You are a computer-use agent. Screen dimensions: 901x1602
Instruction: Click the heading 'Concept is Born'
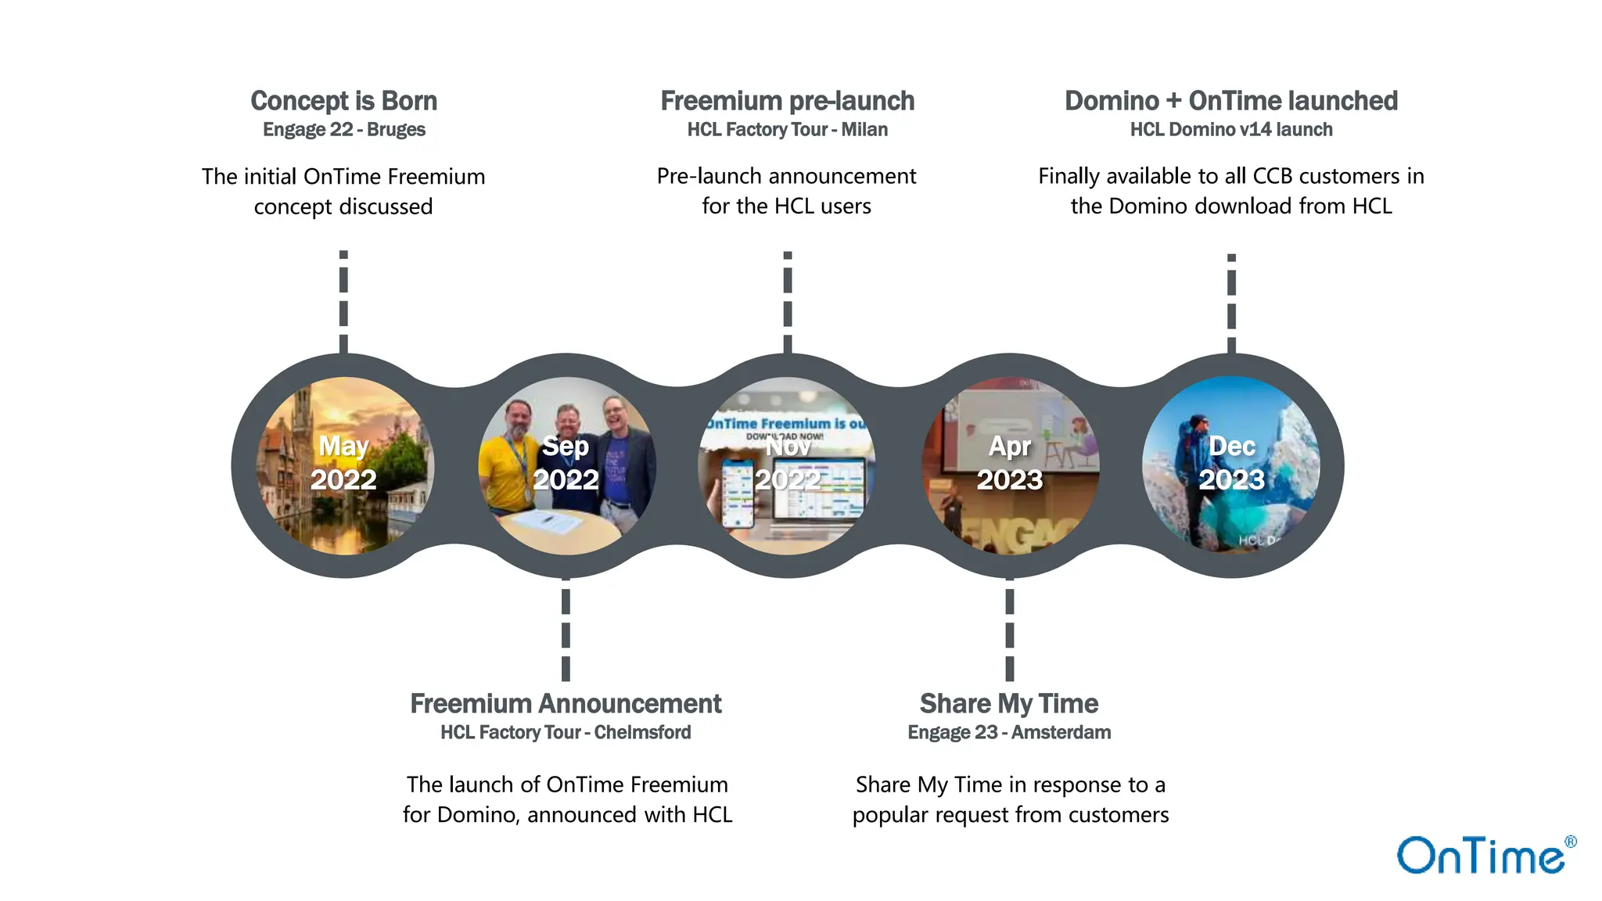tap(343, 101)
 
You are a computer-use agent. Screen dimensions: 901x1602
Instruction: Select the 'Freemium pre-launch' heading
tap(787, 101)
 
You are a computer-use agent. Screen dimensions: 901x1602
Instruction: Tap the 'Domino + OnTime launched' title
tap(1230, 101)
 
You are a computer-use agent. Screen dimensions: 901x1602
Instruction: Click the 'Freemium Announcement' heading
tap(566, 704)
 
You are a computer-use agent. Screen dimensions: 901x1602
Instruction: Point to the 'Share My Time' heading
tap(1009, 704)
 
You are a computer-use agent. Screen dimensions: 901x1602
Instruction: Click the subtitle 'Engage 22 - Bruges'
tap(343, 130)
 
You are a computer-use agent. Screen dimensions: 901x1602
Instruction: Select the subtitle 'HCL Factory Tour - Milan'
tap(787, 130)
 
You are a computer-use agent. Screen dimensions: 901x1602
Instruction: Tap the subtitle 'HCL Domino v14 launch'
tap(1230, 130)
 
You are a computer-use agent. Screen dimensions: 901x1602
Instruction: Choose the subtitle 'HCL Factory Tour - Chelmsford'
tap(566, 733)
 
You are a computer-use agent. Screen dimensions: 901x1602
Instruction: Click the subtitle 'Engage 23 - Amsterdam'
tap(1009, 733)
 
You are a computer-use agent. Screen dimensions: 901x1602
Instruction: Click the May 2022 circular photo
tap(344, 466)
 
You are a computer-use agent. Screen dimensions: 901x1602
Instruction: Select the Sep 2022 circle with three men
tap(566, 466)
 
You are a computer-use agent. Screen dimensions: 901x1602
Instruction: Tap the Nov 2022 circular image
tap(787, 466)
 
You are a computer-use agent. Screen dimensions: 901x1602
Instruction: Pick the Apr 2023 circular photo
tap(1010, 466)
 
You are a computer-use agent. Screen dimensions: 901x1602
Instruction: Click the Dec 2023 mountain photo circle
tap(1231, 466)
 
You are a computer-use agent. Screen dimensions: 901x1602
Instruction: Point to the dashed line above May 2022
tap(343, 302)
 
